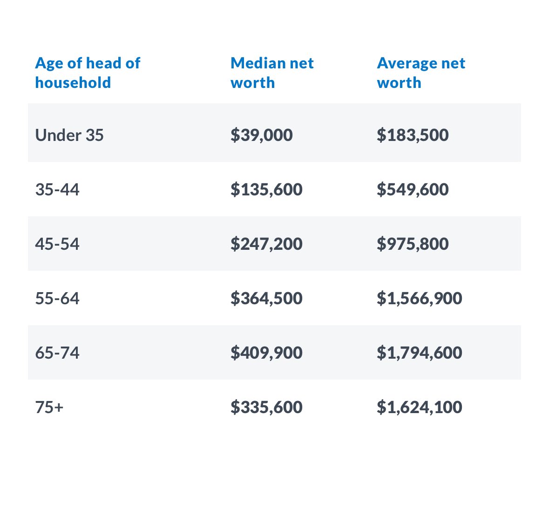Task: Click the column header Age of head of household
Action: point(88,73)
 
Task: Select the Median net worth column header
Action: point(272,73)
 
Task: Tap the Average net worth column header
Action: point(421,73)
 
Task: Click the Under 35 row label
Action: point(69,135)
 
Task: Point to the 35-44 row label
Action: point(57,190)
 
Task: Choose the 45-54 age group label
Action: point(57,244)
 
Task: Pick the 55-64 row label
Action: point(57,299)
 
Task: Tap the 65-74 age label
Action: point(57,353)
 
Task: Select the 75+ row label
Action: point(49,408)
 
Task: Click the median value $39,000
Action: point(262,135)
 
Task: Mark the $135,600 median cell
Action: point(266,190)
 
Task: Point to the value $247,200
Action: point(266,244)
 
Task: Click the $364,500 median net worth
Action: point(266,299)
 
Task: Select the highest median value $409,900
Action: point(266,353)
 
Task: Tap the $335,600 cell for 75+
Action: point(266,408)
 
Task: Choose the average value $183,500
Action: point(413,135)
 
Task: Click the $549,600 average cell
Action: point(413,190)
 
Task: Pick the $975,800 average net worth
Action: point(413,244)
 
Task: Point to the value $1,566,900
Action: point(420,299)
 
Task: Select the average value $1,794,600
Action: point(420,353)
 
